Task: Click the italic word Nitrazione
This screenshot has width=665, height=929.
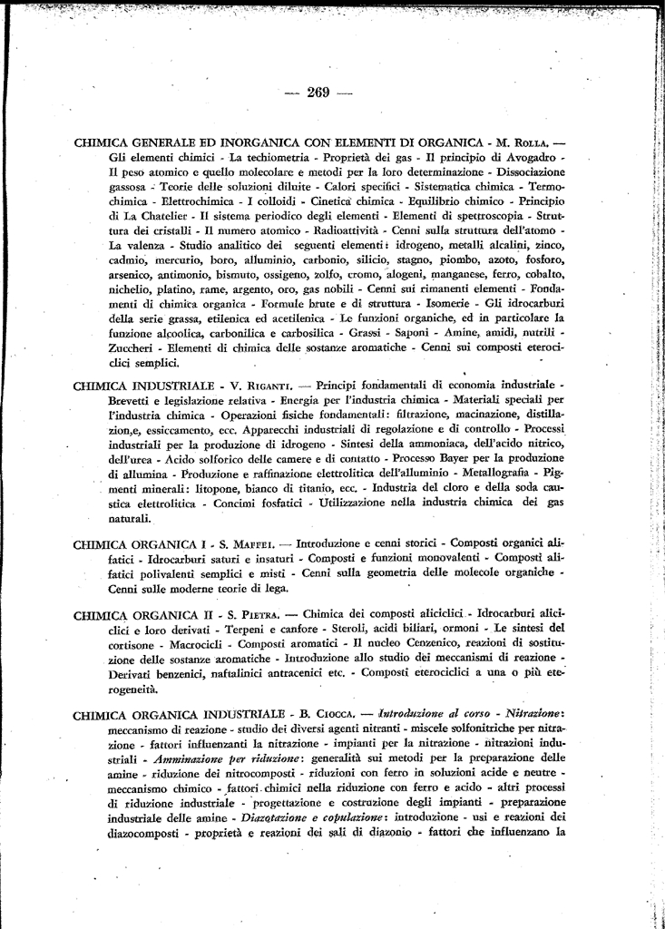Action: tap(531, 713)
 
